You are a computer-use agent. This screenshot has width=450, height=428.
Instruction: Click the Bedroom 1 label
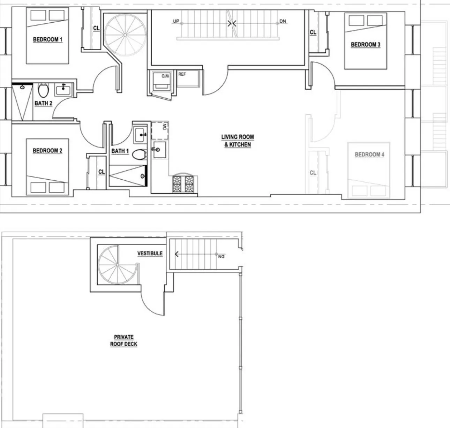tap(47, 39)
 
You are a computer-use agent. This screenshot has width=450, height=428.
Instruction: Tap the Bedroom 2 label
tap(47, 151)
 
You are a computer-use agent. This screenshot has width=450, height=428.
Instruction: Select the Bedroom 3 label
tap(365, 45)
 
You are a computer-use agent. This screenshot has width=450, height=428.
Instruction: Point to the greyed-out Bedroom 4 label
tap(369, 155)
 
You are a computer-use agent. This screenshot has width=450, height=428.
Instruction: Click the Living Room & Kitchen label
tap(237, 141)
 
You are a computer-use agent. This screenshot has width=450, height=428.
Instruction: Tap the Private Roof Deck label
tap(124, 340)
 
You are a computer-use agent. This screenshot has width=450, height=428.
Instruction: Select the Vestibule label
tap(150, 253)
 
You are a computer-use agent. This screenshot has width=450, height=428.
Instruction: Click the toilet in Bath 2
tap(43, 91)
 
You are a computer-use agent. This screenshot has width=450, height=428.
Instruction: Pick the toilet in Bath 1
tap(141, 154)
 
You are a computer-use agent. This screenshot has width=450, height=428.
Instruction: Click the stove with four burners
tap(183, 183)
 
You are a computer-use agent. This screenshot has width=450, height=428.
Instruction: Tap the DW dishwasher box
tap(160, 130)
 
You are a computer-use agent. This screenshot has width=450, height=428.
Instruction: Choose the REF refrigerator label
tap(182, 74)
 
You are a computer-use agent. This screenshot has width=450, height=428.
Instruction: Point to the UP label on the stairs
tap(176, 22)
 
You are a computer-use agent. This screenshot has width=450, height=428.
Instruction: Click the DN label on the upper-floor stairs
tap(283, 22)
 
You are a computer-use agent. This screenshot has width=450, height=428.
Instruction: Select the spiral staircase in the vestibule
tap(117, 265)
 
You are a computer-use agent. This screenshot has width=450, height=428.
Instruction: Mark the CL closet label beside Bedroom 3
tap(313, 32)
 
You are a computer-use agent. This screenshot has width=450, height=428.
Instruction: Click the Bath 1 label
tap(120, 151)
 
